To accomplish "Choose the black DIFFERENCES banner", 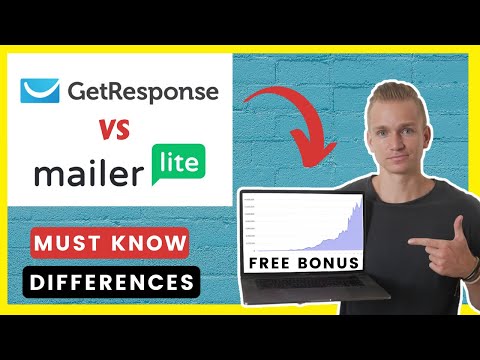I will (x=111, y=282).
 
